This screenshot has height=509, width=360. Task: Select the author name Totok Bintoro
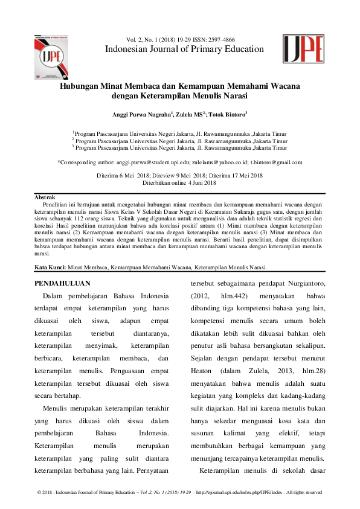pyautogui.click(x=226, y=114)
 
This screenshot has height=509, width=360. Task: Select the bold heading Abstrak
pyautogui.click(x=45, y=197)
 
